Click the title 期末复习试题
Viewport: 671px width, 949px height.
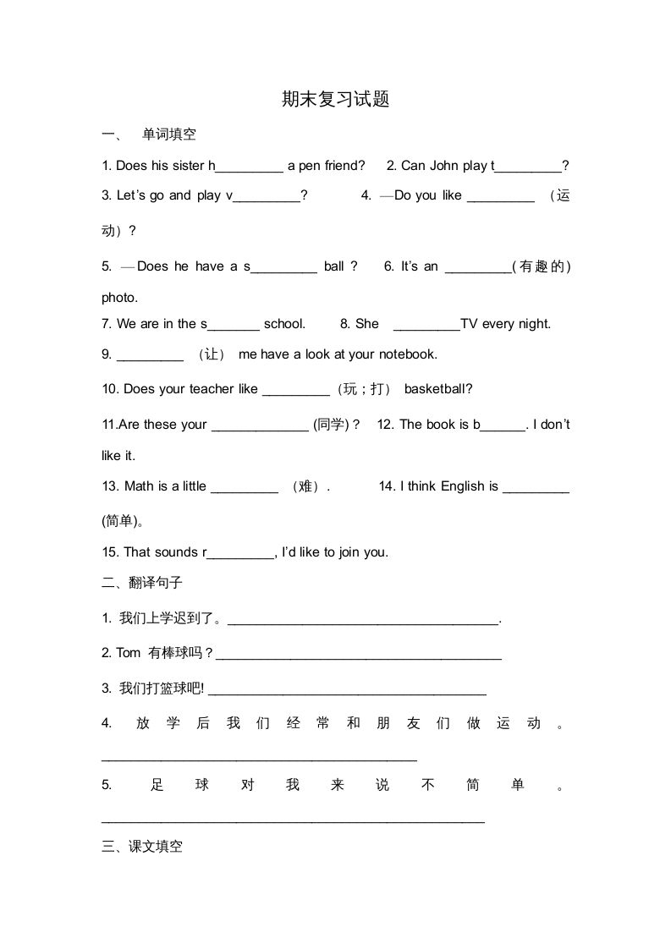(x=335, y=100)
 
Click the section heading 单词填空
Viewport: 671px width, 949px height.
(x=169, y=134)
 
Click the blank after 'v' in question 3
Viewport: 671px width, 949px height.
(x=267, y=196)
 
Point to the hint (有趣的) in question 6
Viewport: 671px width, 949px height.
(x=542, y=266)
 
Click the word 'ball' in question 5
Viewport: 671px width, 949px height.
(x=334, y=266)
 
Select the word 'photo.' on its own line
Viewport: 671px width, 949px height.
(x=119, y=298)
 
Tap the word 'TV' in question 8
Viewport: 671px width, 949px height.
(x=470, y=324)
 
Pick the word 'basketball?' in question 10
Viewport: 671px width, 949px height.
(x=438, y=389)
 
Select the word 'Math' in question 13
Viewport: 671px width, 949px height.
(x=139, y=486)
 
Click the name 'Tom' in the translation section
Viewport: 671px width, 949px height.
(x=129, y=653)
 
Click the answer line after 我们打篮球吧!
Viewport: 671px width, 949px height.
(x=347, y=689)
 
